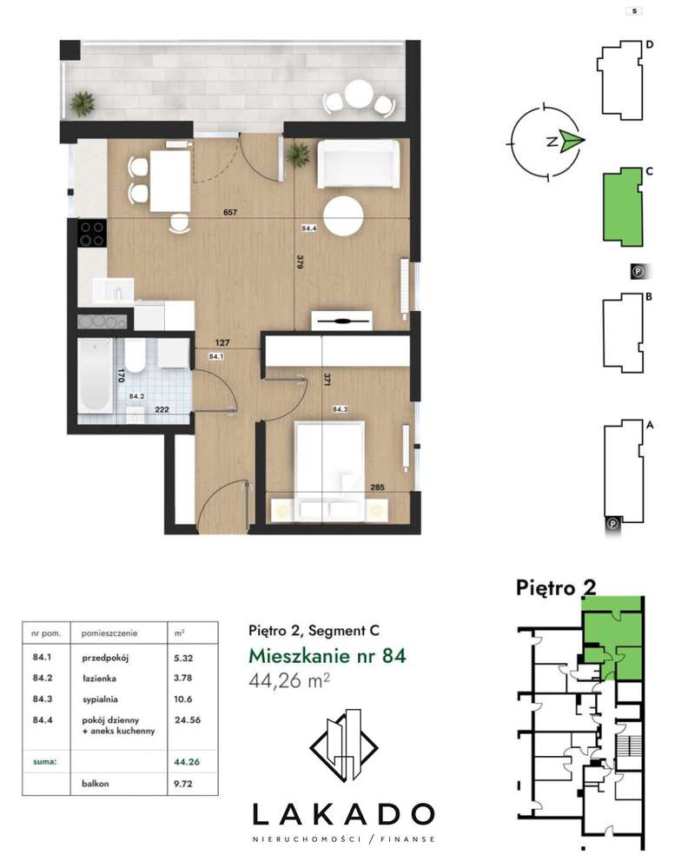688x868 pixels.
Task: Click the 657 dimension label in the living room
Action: [229, 212]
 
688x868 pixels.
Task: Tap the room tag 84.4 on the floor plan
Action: [309, 228]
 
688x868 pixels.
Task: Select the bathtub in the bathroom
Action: [95, 376]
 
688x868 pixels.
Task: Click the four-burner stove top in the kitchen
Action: [92, 233]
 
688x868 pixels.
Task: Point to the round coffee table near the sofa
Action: [343, 215]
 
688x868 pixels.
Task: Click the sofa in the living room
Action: [358, 164]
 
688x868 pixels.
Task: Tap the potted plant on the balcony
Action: [83, 103]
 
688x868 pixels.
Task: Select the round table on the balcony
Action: [359, 94]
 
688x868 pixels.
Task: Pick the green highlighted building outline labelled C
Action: [622, 206]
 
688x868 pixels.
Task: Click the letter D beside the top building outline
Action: [650, 44]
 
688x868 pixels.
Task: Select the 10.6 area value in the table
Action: [182, 699]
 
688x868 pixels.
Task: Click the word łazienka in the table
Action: [99, 678]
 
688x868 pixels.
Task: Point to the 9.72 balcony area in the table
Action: [183, 784]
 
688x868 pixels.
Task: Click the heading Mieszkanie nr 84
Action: [327, 655]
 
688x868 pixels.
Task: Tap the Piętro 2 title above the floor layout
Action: [556, 588]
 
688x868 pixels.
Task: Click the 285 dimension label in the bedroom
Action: [378, 487]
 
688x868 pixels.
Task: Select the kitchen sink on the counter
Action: [114, 289]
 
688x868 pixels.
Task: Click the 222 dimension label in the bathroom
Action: [162, 409]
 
